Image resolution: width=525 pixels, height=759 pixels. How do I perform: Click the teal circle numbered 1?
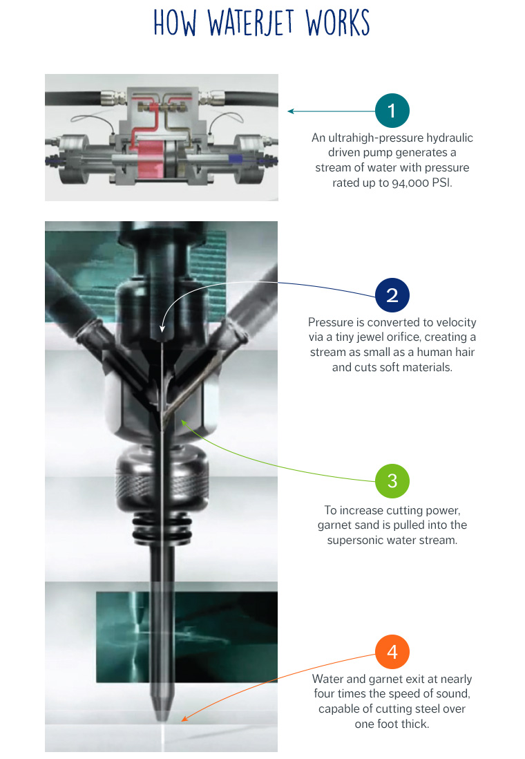click(x=392, y=111)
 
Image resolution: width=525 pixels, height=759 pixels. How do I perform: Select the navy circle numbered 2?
click(x=392, y=294)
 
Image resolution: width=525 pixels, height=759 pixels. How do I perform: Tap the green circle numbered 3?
click(x=392, y=480)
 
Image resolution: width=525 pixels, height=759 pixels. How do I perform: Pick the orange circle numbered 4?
click(x=392, y=652)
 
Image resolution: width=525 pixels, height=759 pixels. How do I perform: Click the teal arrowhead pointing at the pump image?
click(x=292, y=111)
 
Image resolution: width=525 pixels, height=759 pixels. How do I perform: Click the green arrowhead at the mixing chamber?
click(x=184, y=419)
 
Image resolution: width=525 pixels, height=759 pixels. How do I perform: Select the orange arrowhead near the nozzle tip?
click(x=184, y=719)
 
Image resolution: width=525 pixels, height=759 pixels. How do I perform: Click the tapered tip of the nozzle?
click(x=162, y=708)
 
